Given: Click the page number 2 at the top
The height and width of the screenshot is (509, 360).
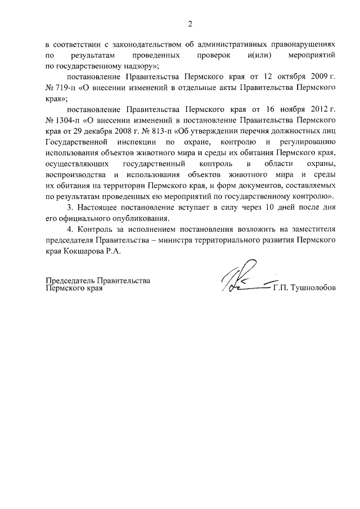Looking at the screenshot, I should pyautogui.click(x=190, y=24).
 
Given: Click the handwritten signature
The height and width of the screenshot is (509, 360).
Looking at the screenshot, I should pyautogui.click(x=245, y=278).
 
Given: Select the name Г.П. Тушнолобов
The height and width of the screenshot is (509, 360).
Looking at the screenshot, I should pyautogui.click(x=304, y=287).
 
